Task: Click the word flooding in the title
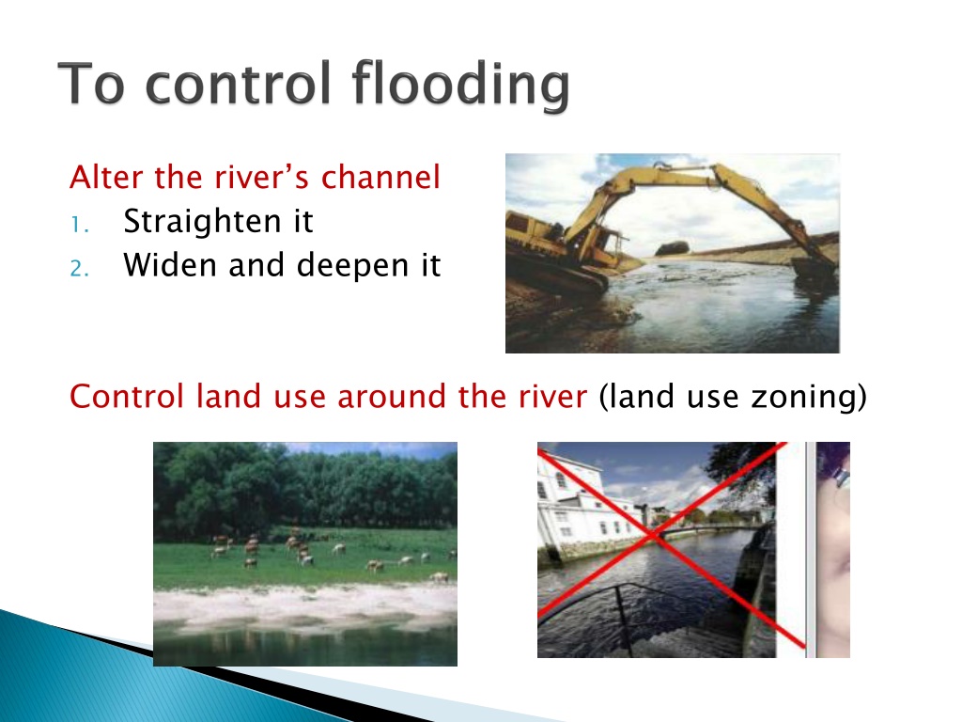(460, 85)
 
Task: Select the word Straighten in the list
(203, 222)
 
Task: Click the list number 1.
(79, 226)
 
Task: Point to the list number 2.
(79, 269)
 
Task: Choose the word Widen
(170, 265)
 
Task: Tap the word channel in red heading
(380, 177)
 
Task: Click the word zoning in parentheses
(804, 397)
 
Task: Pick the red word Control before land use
(127, 396)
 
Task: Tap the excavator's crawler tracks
(555, 270)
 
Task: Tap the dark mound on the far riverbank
(673, 248)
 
